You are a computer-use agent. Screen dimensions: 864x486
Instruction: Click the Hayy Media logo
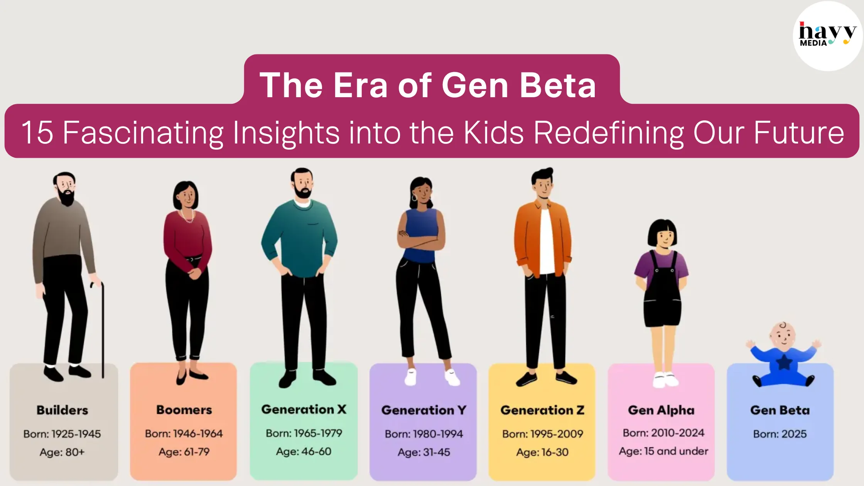[x=827, y=35]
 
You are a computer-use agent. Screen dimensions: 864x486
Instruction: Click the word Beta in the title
[x=558, y=85]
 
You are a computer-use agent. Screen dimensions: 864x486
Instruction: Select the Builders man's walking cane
[x=101, y=330]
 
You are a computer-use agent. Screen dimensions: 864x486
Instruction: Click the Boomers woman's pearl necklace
[x=187, y=216]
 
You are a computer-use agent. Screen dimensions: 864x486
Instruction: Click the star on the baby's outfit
[x=784, y=363]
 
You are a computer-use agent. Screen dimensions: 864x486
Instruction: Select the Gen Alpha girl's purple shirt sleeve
[x=640, y=264]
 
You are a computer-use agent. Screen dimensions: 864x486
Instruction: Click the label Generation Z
[x=542, y=410]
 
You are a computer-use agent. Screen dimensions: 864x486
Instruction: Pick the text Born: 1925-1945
[x=62, y=434]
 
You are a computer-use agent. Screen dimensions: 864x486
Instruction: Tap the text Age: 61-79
[x=184, y=452]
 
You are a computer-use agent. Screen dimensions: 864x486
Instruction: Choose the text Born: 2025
[x=780, y=434]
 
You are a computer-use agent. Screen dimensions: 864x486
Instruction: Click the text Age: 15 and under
[x=663, y=451]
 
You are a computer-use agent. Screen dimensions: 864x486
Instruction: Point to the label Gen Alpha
[x=661, y=410]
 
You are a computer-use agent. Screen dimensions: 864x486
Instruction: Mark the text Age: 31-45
[x=424, y=452]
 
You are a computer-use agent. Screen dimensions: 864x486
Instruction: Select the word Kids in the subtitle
[x=493, y=132]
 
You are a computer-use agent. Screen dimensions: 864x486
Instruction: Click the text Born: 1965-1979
[x=304, y=433]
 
